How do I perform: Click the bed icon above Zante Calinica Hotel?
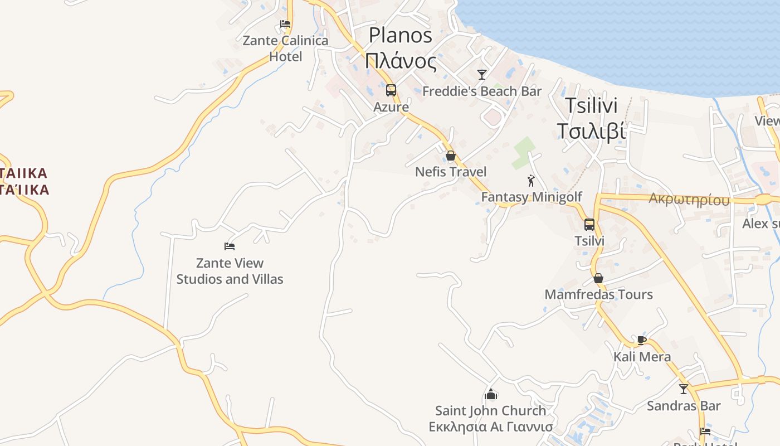285,24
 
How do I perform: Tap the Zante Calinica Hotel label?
285,49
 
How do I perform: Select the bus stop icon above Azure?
391,90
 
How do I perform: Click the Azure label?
391,107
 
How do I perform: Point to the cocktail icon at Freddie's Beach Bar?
482,74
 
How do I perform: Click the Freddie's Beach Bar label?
482,91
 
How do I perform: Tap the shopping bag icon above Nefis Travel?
451,156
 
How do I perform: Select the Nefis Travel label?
451,172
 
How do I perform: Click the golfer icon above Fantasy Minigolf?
531,181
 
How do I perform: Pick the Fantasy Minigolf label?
532,197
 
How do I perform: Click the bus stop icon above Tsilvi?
589,225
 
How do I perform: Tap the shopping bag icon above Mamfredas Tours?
598,278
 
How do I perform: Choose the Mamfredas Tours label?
598,294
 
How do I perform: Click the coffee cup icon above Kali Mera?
642,340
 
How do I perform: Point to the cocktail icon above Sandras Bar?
684,389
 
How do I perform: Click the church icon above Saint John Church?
491,394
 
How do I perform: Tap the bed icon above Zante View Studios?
230,246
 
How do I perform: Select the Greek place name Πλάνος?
400,60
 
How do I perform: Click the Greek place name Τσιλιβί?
591,131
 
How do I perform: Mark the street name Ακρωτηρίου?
689,200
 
